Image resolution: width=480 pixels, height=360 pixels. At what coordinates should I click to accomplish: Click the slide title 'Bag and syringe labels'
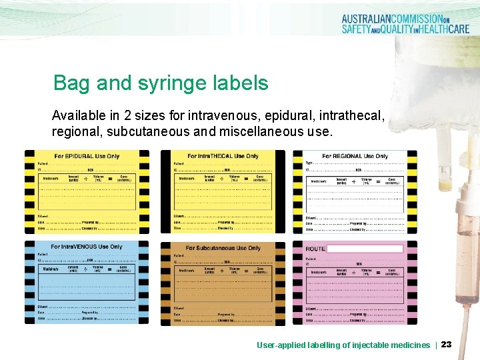[161, 83]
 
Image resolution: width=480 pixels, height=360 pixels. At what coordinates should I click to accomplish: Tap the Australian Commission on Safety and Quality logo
[405, 25]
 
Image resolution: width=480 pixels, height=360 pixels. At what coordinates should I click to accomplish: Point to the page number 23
[446, 345]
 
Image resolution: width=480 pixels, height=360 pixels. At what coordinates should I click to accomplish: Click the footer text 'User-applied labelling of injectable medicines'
[343, 345]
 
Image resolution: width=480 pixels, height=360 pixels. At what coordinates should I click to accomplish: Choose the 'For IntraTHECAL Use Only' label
[223, 191]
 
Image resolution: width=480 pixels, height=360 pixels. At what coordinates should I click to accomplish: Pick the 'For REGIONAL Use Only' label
[355, 191]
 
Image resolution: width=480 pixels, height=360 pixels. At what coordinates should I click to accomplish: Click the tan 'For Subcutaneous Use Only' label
[223, 283]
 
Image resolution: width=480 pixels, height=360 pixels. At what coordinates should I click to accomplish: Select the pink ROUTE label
[355, 283]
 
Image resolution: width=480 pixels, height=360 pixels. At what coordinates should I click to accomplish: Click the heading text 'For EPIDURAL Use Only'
[87, 156]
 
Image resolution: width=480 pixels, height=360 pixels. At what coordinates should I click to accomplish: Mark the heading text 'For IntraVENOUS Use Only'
[87, 247]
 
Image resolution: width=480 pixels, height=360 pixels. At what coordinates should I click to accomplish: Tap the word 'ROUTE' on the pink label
[315, 249]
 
